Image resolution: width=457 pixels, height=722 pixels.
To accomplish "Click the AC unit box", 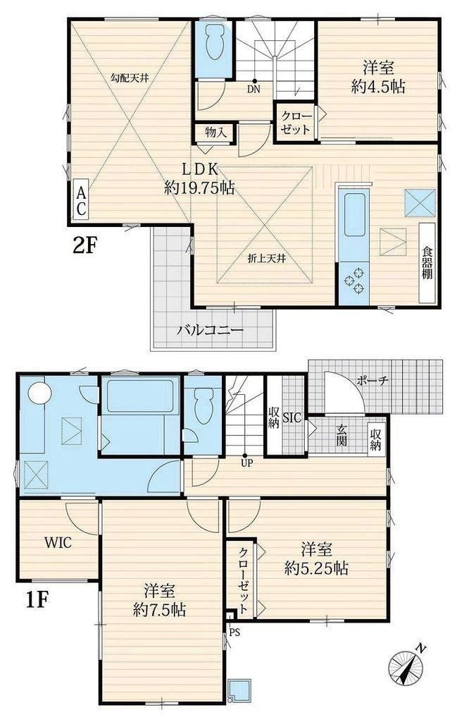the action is [x=81, y=201].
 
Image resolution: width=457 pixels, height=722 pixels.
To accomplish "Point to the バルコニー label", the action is [x=211, y=330].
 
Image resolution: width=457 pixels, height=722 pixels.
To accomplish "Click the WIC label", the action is [x=58, y=542].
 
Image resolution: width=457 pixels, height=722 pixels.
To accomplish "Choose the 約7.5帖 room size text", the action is [x=160, y=610].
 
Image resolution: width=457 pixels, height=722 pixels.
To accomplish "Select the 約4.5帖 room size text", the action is [x=378, y=87].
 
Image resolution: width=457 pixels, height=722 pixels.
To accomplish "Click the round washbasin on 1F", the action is [x=39, y=393].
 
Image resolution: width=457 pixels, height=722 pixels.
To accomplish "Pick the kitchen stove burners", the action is [x=354, y=279].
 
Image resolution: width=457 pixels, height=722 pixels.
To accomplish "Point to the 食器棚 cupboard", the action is [x=427, y=263].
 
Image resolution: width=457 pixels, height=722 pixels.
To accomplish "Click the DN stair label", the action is [x=253, y=90].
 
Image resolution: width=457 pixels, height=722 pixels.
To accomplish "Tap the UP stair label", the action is [x=247, y=463].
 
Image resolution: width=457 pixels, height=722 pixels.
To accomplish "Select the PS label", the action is [x=234, y=632].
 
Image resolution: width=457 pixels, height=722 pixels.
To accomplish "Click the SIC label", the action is [x=292, y=417].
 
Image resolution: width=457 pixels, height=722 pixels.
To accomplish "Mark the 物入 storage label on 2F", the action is [x=215, y=133].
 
